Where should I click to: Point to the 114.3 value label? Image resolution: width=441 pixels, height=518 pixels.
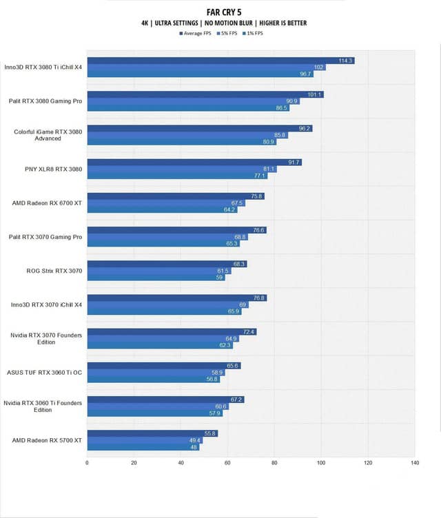click(x=346, y=61)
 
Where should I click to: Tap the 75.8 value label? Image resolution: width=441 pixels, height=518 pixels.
click(x=257, y=196)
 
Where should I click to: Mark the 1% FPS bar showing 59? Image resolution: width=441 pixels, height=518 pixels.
click(x=156, y=278)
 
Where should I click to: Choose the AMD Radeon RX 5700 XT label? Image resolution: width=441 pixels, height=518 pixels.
click(x=48, y=439)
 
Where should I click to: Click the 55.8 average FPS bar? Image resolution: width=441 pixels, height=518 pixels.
click(x=152, y=433)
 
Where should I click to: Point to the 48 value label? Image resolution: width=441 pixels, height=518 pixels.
click(x=194, y=446)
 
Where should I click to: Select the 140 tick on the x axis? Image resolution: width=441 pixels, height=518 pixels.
click(x=414, y=462)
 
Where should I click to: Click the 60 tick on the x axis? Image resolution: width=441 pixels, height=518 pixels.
click(x=228, y=462)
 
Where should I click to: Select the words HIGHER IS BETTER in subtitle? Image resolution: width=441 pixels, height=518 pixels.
click(x=278, y=23)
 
